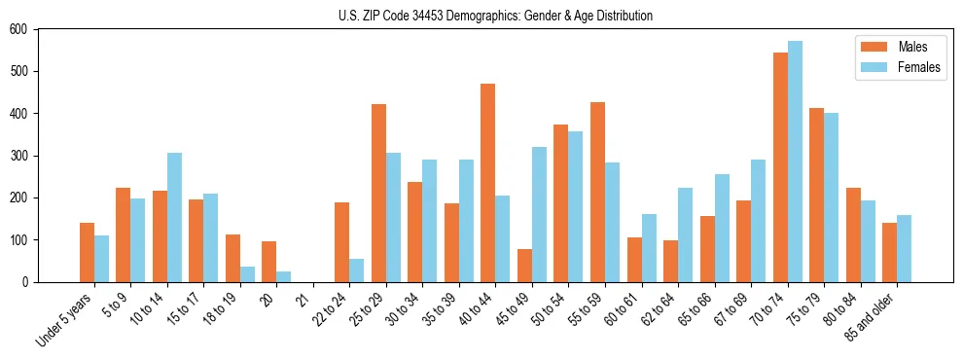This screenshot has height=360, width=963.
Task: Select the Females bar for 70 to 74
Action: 795,162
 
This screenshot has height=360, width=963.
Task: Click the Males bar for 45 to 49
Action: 524,266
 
